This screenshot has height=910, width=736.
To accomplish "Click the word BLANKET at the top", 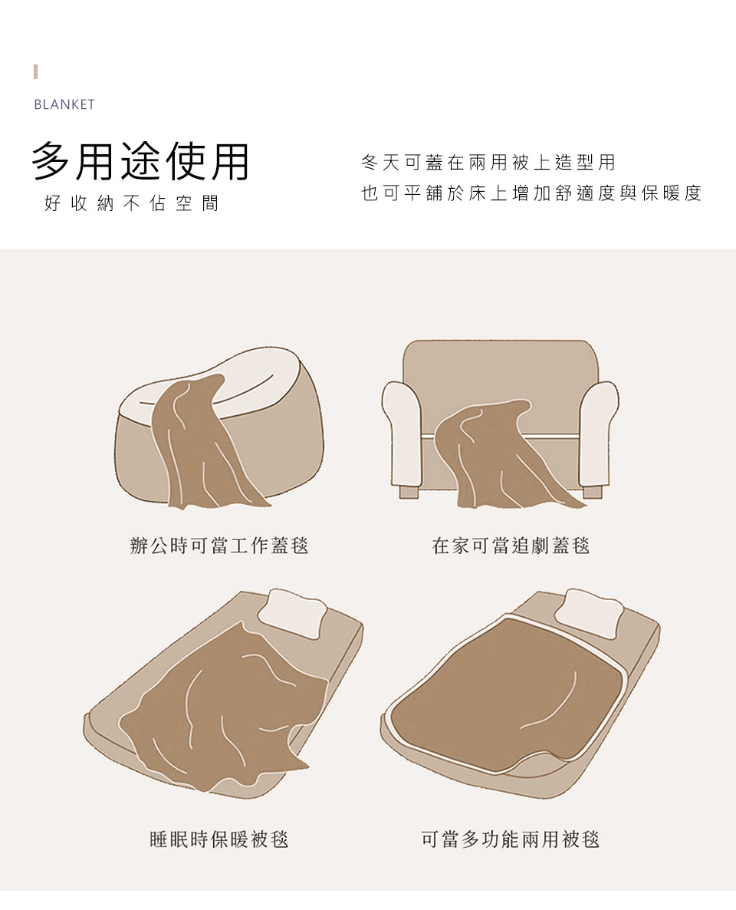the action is pyautogui.click(x=64, y=104).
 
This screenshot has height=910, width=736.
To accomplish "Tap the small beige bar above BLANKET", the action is pyautogui.click(x=36, y=72).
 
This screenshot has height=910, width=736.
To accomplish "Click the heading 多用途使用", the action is pyautogui.click(x=140, y=161).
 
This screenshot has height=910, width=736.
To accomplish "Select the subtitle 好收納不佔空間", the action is pyautogui.click(x=132, y=203).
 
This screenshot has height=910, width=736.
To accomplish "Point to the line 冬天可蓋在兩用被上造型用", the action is pyautogui.click(x=488, y=163).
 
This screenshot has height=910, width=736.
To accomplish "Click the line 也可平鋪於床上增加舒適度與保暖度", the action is pyautogui.click(x=531, y=193).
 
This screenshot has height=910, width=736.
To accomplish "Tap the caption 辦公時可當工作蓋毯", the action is pyautogui.click(x=219, y=546).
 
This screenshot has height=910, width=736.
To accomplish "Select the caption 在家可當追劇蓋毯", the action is pyautogui.click(x=511, y=546).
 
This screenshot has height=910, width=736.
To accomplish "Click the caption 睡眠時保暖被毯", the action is pyautogui.click(x=219, y=839).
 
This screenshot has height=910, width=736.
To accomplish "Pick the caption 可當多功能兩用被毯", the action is pyautogui.click(x=511, y=839).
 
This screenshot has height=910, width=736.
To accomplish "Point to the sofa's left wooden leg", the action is pyautogui.click(x=409, y=493).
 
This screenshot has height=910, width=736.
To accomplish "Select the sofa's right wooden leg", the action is pyautogui.click(x=592, y=492).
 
